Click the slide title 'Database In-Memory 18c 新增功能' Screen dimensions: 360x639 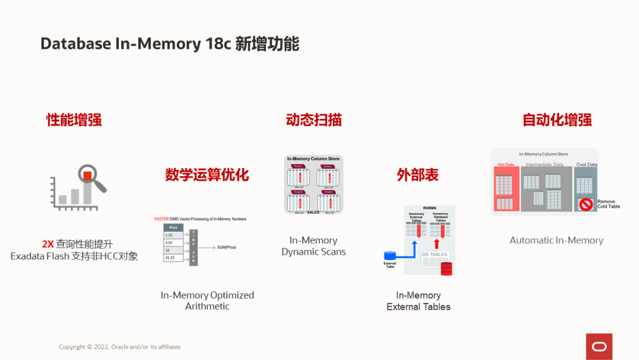pyautogui.click(x=170, y=44)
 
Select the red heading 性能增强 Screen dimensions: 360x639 pyautogui.click(x=74, y=120)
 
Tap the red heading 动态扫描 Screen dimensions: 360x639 pyautogui.click(x=314, y=120)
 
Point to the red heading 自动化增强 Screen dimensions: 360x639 pyautogui.click(x=557, y=120)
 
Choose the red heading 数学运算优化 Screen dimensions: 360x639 pyautogui.click(x=207, y=175)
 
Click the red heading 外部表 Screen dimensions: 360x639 pyautogui.click(x=418, y=175)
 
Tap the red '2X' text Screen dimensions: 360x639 pyautogui.click(x=48, y=244)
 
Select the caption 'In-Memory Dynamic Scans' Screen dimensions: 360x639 pyautogui.click(x=314, y=246)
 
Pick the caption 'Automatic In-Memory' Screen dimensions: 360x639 pyautogui.click(x=557, y=240)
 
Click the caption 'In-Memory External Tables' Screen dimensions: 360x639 pyautogui.click(x=418, y=301)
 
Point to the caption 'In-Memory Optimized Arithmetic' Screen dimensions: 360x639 pyautogui.click(x=207, y=300)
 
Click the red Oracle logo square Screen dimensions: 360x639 pyautogui.click(x=599, y=346)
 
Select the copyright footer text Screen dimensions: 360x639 pyautogui.click(x=120, y=347)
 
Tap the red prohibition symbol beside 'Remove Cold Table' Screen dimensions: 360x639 pyautogui.click(x=586, y=204)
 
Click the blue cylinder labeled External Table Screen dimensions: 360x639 pyautogui.click(x=390, y=256)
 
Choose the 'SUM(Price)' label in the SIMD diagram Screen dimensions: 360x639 pyautogui.click(x=227, y=247)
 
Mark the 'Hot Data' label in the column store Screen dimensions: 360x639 pyautogui.click(x=506, y=165)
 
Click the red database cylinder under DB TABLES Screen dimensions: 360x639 pyautogui.click(x=446, y=268)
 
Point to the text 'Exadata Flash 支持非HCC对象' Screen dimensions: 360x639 pyautogui.click(x=74, y=256)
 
